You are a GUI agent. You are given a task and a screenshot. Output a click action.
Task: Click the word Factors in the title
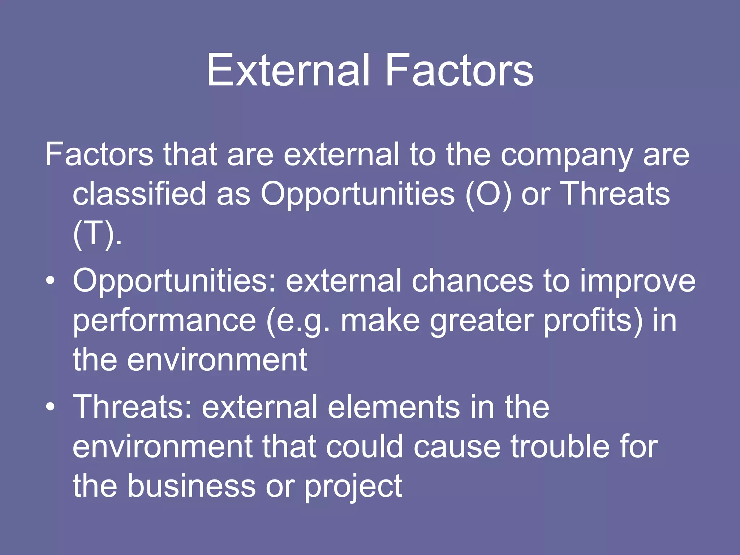pos(459,70)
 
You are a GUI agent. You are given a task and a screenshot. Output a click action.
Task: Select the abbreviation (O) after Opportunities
pos(489,194)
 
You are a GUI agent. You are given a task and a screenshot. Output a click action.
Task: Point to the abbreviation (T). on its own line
pos(97,234)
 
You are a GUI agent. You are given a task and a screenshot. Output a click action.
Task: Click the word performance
pos(164,321)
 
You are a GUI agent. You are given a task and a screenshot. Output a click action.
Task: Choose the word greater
pos(482,321)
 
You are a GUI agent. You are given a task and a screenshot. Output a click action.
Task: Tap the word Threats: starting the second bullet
pos(132,407)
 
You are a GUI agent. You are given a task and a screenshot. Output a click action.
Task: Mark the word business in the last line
pos(191,486)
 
